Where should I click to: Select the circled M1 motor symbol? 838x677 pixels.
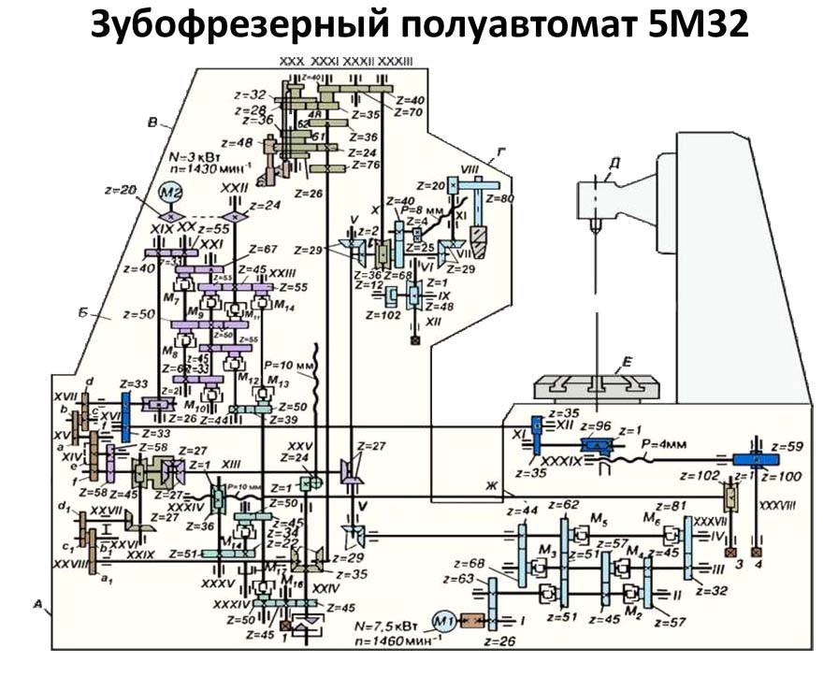pos(442,620)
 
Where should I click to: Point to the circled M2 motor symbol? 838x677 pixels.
pos(169,194)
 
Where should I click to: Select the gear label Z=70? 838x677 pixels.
pos(409,111)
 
